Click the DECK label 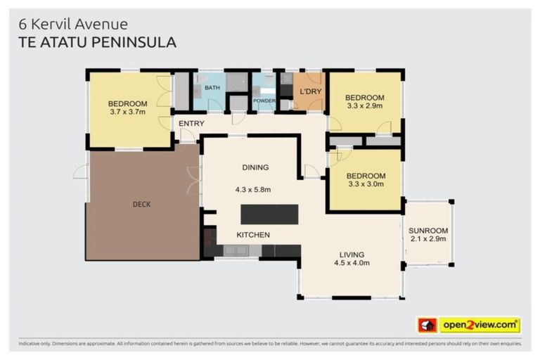141,205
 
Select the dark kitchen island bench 269,214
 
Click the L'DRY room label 310,92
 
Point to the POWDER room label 264,101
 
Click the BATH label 212,88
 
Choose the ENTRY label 191,124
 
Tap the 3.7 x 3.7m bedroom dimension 128,112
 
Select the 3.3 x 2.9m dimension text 364,105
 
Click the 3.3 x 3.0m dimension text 364,184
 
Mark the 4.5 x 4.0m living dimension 352,263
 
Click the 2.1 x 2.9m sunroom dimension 427,239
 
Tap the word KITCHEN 252,235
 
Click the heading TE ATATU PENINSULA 97,43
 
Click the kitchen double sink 236,250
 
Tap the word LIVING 352,255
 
